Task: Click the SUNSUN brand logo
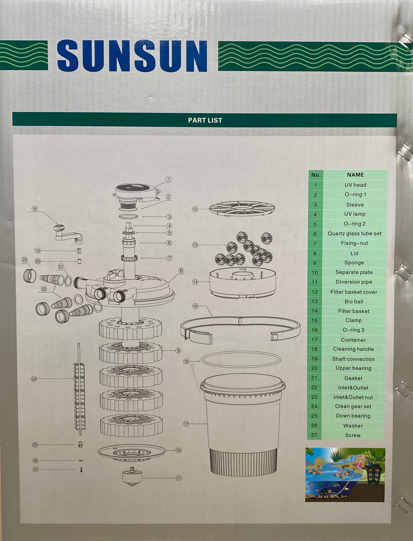pyautogui.click(x=132, y=56)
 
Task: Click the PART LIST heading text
pyautogui.click(x=205, y=120)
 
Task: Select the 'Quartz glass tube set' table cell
pyautogui.click(x=354, y=234)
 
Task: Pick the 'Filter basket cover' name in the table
pyautogui.click(x=354, y=292)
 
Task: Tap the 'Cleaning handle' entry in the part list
pyautogui.click(x=353, y=349)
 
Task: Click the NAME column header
pyautogui.click(x=356, y=175)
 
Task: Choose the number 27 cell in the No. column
pyautogui.click(x=314, y=435)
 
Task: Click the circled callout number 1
pyautogui.click(x=169, y=179)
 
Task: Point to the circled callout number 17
pyautogui.click(x=186, y=424)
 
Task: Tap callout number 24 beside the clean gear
pyautogui.click(x=34, y=379)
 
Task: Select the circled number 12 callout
pyautogui.click(x=195, y=209)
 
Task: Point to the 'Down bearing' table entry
pyautogui.click(x=353, y=416)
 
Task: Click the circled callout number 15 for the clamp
pyautogui.click(x=195, y=306)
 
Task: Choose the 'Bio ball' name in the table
pyautogui.click(x=354, y=302)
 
